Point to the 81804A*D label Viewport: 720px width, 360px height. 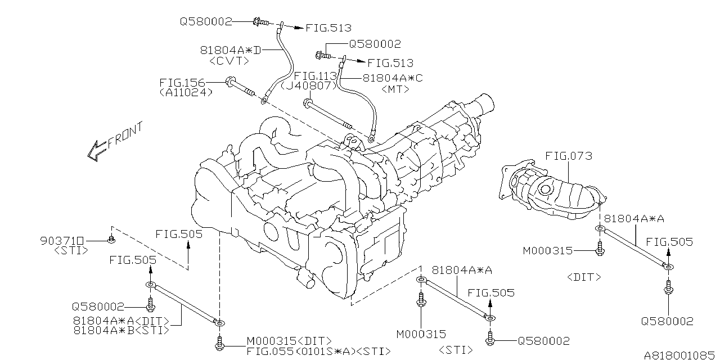point(231,50)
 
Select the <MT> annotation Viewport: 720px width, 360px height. point(395,89)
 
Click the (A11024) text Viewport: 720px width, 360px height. point(186,93)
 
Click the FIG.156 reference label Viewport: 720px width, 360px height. point(182,83)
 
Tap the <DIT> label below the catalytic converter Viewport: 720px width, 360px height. point(584,277)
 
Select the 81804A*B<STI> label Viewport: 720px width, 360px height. point(121,331)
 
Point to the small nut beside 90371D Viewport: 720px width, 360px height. point(111,241)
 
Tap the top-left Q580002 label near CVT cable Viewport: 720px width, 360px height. point(206,22)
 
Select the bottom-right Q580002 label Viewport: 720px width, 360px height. point(668,321)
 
